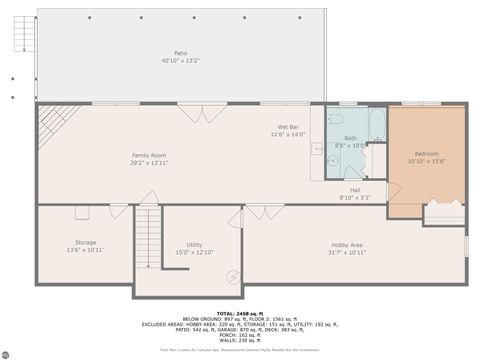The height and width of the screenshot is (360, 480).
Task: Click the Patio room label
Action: point(181,53)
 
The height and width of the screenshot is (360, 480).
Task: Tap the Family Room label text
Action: point(149,154)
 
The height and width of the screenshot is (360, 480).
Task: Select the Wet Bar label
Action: point(288,127)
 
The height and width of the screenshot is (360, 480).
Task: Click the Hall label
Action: point(355,189)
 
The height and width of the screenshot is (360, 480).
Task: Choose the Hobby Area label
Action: point(348,244)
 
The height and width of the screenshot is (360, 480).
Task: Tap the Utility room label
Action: point(194,244)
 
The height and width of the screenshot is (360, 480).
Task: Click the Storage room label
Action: point(85,242)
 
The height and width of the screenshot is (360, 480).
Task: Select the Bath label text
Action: point(351,138)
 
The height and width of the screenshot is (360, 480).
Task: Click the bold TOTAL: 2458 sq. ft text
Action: point(239,313)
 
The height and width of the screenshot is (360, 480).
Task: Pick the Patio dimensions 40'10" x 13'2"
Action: point(181,61)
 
